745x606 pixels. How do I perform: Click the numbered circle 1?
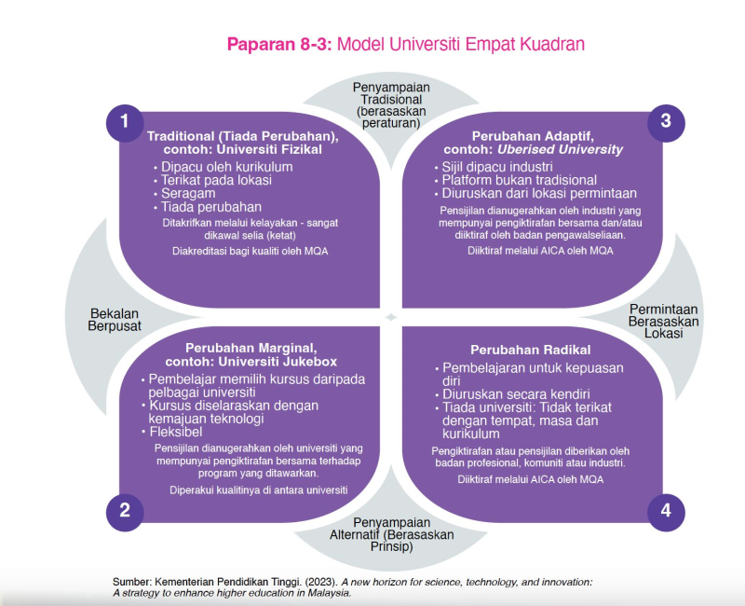(125, 121)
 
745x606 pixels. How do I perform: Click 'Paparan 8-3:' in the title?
(278, 44)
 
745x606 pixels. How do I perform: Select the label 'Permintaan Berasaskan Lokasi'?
(664, 322)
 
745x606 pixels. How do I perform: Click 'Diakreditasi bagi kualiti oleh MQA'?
(243, 251)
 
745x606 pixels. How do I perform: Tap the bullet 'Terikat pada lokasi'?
(216, 180)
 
